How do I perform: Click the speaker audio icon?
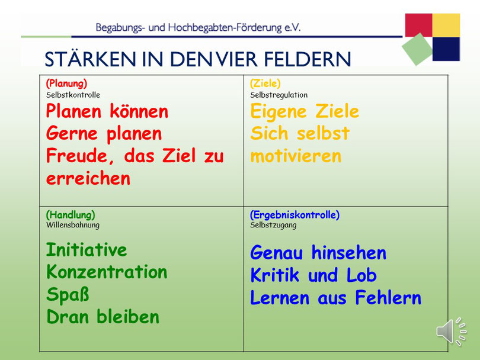point(451,332)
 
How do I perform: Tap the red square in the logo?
point(418,25)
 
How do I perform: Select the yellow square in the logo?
point(446,25)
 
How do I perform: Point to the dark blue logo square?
point(446,49)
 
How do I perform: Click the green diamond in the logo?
point(417,49)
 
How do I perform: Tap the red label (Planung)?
point(66,83)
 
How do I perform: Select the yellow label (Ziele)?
point(265,83)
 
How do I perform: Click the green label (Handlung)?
point(71,215)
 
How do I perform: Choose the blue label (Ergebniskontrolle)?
point(295,215)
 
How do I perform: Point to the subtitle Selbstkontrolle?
point(73,95)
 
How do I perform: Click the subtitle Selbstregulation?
point(279,95)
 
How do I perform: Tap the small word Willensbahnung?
point(73,225)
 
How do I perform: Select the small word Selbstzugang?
point(273,225)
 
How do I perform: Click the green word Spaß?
point(68,294)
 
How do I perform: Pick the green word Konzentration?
point(107,272)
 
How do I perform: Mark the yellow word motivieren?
point(296,156)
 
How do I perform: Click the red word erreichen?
point(88,178)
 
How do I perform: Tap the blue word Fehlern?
point(388,298)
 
